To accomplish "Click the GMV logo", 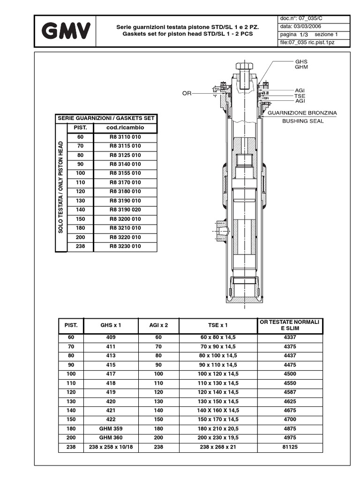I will (x=66, y=31).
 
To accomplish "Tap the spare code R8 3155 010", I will (x=125, y=173).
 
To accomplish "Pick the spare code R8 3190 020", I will (x=125, y=210).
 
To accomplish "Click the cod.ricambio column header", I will (x=125, y=127).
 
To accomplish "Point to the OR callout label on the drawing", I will (x=187, y=93).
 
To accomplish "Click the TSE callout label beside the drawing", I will (x=300, y=96).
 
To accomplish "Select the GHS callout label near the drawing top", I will (x=301, y=61).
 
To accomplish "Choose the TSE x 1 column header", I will (x=218, y=325).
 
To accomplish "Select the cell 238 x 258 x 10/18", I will (x=111, y=447).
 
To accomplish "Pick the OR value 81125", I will (x=290, y=447).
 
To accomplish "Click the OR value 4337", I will (x=290, y=337).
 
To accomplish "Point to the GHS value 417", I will (x=111, y=374).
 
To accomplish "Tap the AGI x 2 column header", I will (x=158, y=325).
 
